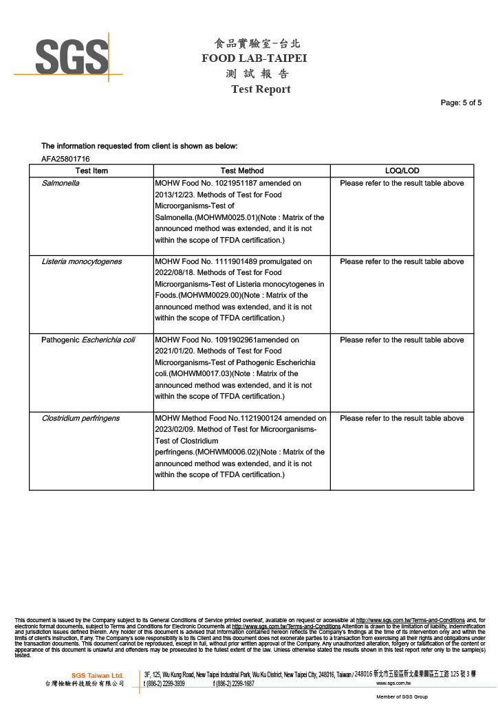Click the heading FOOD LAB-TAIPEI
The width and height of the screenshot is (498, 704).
(254, 58)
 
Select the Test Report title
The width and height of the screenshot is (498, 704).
(261, 89)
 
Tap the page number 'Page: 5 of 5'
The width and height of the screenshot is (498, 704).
(461, 103)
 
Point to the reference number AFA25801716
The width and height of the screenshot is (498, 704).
(66, 159)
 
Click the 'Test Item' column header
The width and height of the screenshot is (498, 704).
(91, 170)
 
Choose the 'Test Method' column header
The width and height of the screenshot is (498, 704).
(242, 170)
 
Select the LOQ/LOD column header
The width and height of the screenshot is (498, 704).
(402, 170)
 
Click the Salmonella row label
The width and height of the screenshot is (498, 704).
(61, 184)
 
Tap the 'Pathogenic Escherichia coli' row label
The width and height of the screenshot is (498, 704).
(88, 340)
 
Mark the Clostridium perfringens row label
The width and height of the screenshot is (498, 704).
(80, 419)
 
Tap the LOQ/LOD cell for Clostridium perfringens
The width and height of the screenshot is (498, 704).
(402, 419)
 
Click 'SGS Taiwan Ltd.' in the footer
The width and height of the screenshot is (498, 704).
(97, 675)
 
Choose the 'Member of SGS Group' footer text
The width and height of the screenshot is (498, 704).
(402, 697)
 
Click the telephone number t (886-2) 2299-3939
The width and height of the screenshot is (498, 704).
(164, 684)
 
